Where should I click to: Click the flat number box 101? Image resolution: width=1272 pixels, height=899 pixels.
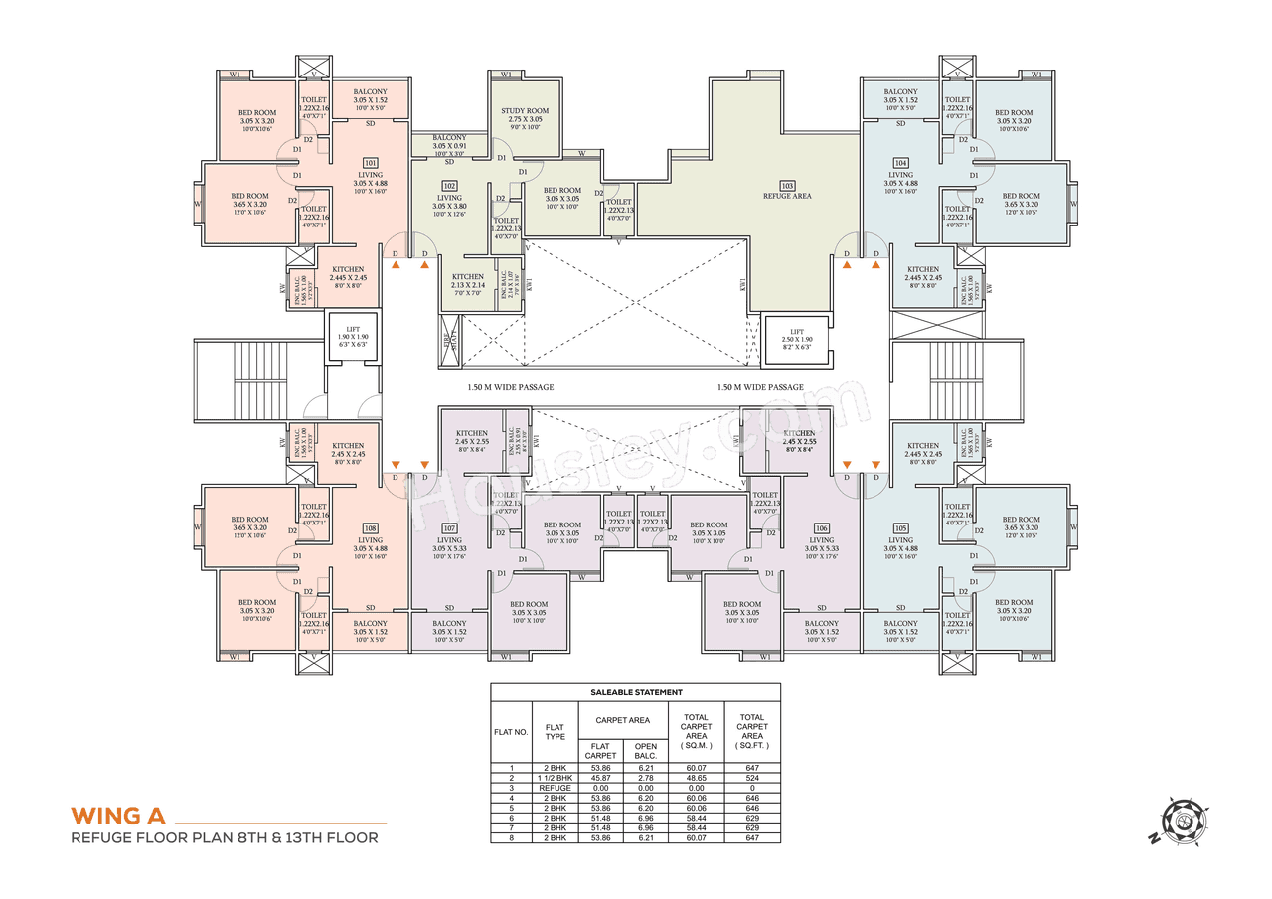[x=370, y=162]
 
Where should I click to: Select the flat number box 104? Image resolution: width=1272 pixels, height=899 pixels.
[x=900, y=162]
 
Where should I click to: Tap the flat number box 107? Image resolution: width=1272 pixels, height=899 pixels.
[x=449, y=527]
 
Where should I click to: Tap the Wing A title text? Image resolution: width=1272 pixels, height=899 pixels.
[x=116, y=816]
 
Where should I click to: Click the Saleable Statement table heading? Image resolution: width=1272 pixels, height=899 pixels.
[x=636, y=692]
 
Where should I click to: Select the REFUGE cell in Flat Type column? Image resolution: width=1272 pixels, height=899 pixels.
[x=554, y=787]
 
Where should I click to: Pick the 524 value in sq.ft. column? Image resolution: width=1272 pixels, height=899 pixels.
[x=752, y=776]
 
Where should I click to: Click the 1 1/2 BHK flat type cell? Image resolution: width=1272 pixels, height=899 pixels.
[x=554, y=776]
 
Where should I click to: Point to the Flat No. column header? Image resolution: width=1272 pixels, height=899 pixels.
[x=511, y=732]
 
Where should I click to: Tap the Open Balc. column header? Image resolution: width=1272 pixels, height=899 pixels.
[x=646, y=750]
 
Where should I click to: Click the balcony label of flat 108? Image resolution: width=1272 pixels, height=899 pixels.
[x=370, y=627]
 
